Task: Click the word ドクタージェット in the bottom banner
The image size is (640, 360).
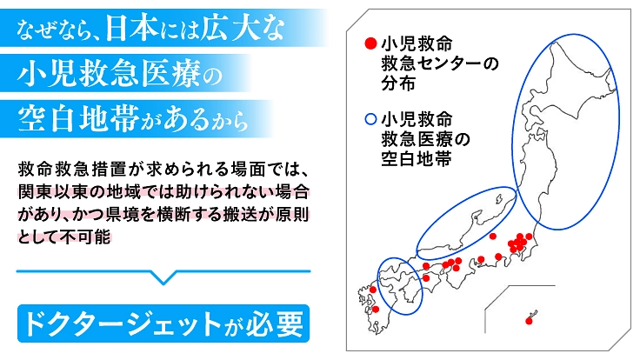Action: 117,323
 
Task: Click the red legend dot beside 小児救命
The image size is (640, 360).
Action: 370,43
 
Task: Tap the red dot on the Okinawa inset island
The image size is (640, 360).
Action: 529,322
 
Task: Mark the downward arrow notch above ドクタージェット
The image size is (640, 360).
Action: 162,277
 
